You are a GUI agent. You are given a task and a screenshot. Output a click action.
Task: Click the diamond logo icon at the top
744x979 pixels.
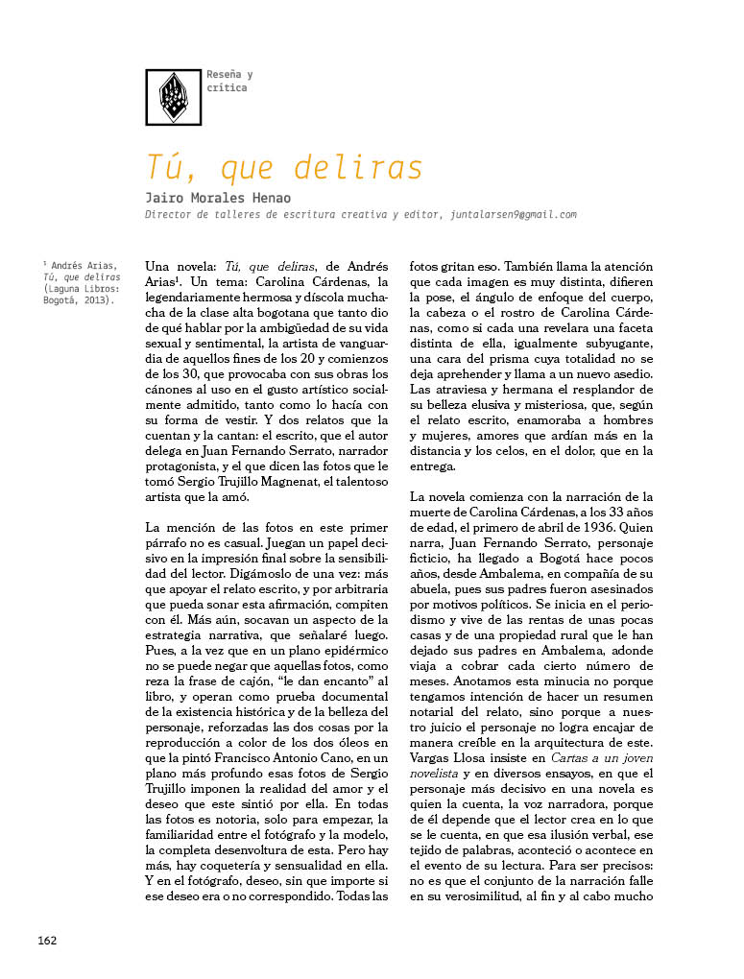coord(173,97)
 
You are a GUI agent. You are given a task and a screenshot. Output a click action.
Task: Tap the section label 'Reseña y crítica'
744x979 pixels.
coord(229,82)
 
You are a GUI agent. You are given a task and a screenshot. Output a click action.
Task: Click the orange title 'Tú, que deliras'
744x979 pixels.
coord(284,167)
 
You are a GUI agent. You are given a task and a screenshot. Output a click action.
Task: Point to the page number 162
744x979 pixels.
coord(48,940)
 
